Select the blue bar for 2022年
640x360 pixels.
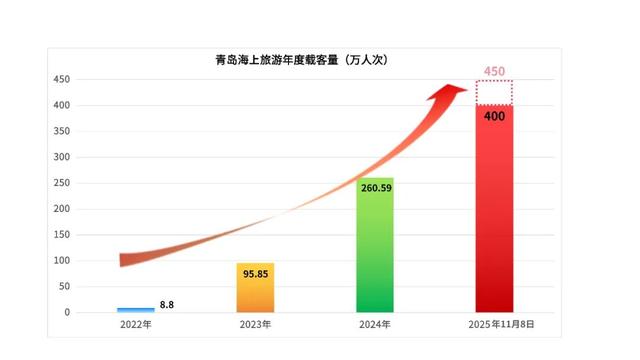(136, 310)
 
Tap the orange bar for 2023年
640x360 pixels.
(255, 288)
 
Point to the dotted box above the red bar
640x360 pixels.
(494, 92)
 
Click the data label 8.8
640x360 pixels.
(167, 304)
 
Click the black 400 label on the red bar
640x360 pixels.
(494, 116)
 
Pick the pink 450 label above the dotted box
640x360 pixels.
(494, 71)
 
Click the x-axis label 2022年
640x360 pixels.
(136, 325)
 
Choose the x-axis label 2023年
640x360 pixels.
(255, 325)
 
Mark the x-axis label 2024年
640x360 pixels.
(375, 325)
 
